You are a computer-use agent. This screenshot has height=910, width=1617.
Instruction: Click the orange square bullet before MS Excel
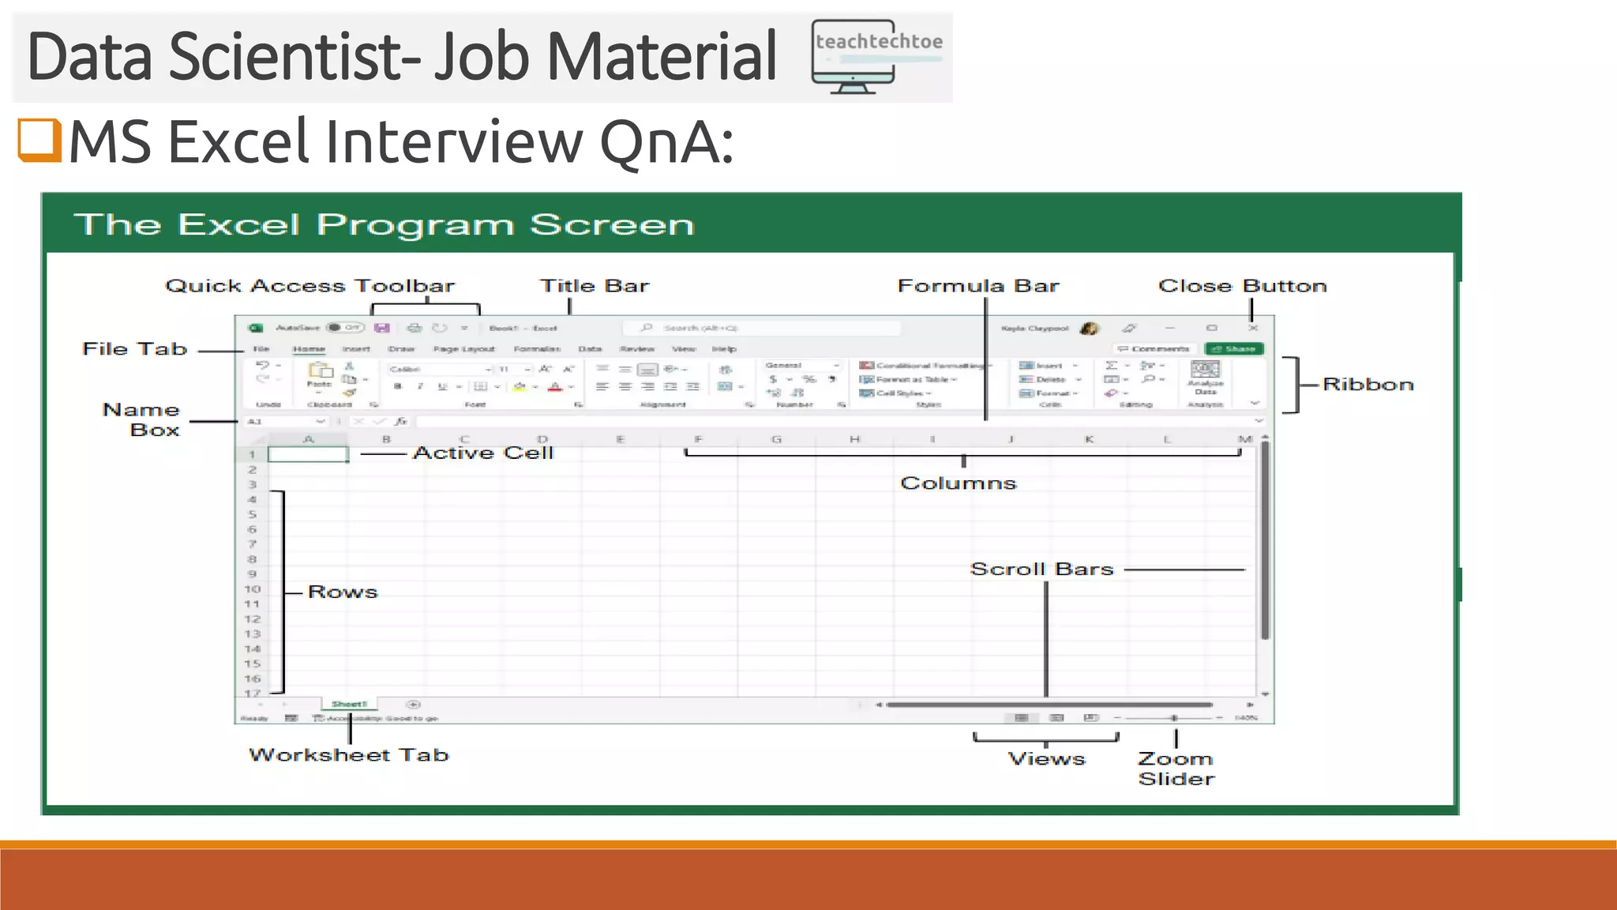point(39,140)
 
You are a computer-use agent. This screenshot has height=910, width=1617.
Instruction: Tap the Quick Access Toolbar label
point(310,286)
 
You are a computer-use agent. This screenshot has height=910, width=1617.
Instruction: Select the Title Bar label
point(595,286)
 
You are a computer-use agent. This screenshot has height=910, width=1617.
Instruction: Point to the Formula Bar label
point(978,286)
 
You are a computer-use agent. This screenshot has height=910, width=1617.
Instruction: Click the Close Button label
point(1242,286)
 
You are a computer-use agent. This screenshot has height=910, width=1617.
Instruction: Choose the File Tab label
point(135,349)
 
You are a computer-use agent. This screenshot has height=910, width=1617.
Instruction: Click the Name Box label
point(142,419)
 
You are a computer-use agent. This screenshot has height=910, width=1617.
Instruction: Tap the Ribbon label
point(1368,385)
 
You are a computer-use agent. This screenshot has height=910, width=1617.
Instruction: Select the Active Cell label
point(483,453)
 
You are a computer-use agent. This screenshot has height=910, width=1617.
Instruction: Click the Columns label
point(958,483)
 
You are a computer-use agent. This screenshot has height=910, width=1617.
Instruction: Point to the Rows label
point(343,592)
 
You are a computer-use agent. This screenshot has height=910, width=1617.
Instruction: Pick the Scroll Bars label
point(1041,570)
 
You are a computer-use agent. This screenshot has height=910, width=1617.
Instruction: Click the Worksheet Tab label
point(349,755)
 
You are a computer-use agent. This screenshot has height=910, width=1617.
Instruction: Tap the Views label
point(1046,759)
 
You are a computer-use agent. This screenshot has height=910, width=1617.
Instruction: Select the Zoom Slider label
point(1176,769)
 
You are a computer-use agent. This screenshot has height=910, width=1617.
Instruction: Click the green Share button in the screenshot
point(1234,348)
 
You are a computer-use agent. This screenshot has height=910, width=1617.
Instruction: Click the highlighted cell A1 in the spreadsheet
point(308,454)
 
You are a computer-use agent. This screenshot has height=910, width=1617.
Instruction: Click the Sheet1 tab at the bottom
point(349,704)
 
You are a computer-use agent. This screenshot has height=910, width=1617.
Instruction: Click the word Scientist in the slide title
point(294,57)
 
